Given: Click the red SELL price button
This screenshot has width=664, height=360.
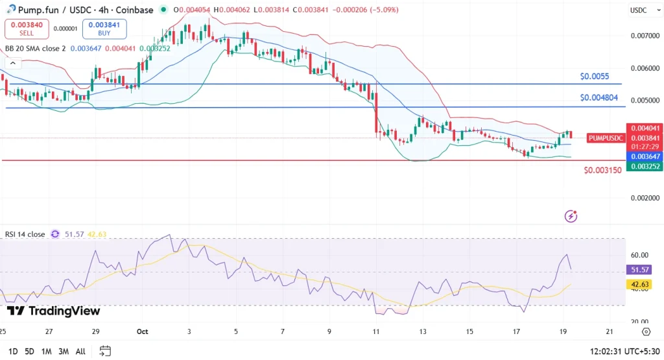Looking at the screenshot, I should point(26,29).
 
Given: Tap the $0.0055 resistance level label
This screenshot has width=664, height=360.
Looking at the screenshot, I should point(594,76).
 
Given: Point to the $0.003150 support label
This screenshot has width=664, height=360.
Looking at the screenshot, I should point(602,170).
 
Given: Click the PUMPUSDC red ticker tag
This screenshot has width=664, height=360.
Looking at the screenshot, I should point(606,138).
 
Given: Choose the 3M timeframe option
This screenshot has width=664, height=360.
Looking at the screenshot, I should point(63,352).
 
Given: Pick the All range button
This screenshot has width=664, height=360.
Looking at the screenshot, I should point(80,352).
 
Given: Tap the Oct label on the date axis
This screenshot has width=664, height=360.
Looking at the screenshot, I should point(143,331).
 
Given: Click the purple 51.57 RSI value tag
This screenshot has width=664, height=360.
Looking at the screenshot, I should point(639,269).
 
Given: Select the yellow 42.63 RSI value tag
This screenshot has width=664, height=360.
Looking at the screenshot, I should point(639,284).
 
